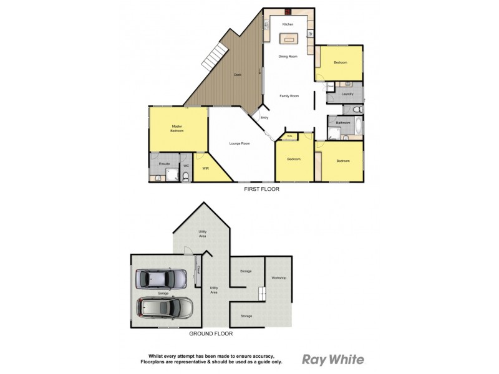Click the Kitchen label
point(288,24)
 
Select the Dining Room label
point(288,57)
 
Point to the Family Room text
point(290,96)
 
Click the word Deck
point(237,75)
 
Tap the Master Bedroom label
point(177,129)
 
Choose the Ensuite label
point(165,163)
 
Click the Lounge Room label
point(240,144)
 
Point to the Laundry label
point(348,94)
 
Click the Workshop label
point(278,277)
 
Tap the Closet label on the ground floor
point(197,270)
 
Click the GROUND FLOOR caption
point(211,333)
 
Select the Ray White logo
point(333,359)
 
